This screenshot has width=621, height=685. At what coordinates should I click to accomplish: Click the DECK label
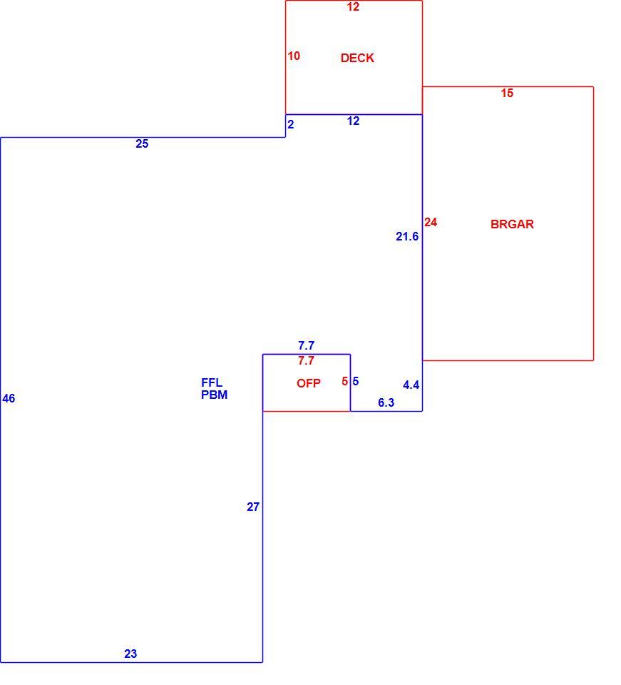(357, 58)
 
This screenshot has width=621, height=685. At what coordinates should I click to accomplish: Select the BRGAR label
(512, 224)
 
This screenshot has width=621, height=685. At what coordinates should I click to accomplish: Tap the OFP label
(309, 383)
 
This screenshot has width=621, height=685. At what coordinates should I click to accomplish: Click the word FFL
(212, 382)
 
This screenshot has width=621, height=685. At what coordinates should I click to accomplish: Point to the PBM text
(215, 395)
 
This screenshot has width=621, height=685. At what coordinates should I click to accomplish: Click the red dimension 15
(507, 93)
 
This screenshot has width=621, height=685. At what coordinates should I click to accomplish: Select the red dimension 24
(431, 223)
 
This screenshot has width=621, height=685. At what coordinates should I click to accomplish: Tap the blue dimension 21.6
(407, 236)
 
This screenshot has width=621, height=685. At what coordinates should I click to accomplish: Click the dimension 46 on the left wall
(9, 398)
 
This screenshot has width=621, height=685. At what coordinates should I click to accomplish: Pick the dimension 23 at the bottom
(130, 654)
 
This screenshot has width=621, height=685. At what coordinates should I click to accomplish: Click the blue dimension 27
(253, 507)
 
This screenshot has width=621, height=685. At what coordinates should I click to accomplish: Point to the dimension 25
(142, 143)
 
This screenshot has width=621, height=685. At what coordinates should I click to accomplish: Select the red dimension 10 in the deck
(294, 56)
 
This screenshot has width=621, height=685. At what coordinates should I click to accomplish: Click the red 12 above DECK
(353, 6)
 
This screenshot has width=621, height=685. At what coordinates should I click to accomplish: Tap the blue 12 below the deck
(353, 121)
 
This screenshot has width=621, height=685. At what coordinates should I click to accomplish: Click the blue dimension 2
(291, 124)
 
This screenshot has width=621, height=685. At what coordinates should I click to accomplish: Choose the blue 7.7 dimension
(306, 345)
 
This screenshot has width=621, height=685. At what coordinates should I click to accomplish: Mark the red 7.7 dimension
(306, 360)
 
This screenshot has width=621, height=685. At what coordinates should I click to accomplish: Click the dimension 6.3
(386, 402)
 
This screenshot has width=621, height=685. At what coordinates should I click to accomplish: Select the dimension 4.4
(411, 385)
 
